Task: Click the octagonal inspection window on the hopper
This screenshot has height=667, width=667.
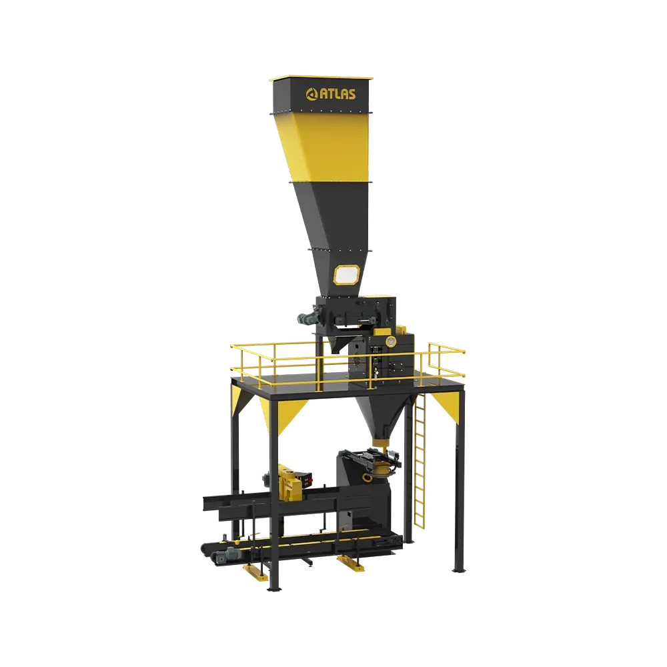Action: (347, 275)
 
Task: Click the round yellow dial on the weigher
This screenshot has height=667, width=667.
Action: (390, 341)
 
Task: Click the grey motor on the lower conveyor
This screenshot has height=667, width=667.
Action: (227, 554)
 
